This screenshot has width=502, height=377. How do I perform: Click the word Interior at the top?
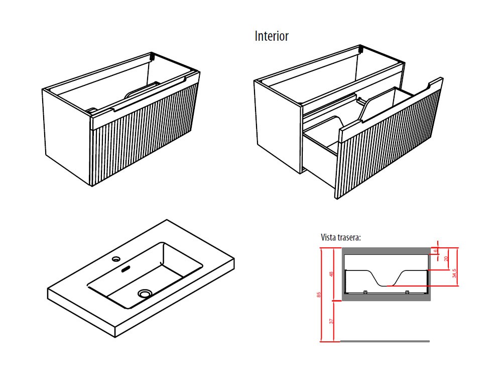coord(272,36)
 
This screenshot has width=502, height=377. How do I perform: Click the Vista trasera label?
coord(341,237)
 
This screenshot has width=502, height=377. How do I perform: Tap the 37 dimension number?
coord(332,321)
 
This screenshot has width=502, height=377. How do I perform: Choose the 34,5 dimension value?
coord(454,273)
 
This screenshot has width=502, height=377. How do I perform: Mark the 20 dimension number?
coord(446,258)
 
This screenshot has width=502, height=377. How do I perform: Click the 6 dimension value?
coord(436,250)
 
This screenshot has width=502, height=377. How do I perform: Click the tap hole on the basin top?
coord(116,259)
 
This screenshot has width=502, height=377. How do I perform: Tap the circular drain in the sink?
coord(146,293)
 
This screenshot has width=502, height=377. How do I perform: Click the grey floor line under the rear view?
coord(385,341)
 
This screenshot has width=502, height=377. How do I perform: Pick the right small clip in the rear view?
coord(407,292)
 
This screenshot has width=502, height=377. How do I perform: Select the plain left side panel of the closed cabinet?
coord(65,136)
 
